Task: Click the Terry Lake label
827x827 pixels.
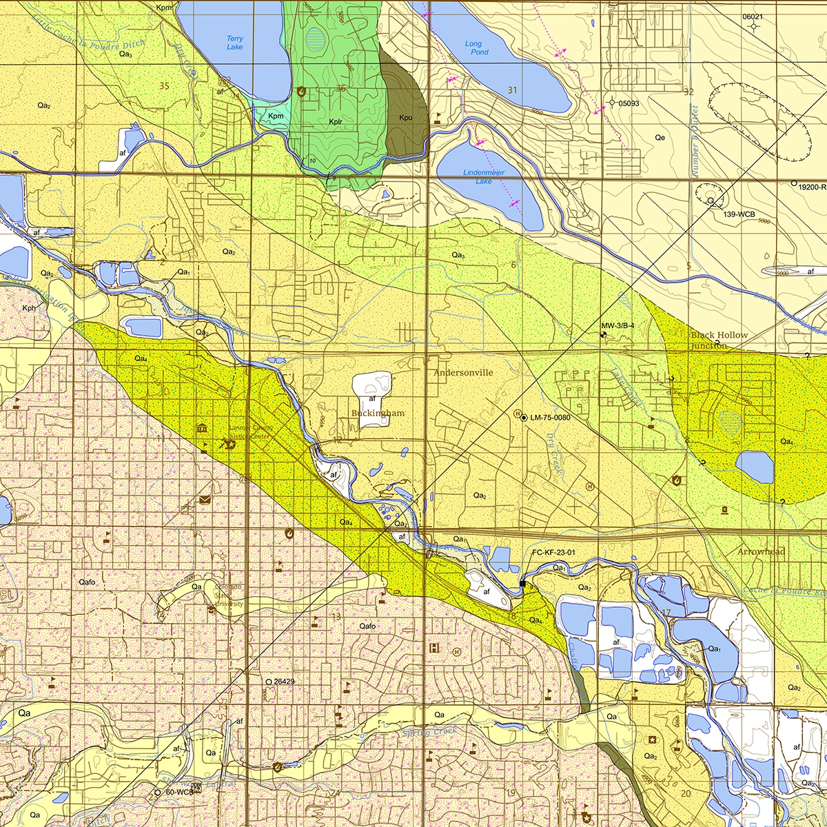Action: coord(235,43)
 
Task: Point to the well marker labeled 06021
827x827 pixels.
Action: coord(753,26)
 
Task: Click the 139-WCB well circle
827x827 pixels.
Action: coord(710,201)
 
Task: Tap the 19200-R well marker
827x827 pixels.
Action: coord(794,184)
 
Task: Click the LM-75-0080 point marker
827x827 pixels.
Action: coord(524,418)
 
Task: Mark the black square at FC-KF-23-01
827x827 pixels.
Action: coord(522,584)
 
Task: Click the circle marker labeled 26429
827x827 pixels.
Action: coord(268,681)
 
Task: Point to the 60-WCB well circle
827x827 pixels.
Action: coord(158,793)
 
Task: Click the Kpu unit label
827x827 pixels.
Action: coord(405,117)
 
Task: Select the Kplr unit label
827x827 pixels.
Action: coord(336,121)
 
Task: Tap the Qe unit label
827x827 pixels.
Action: coord(660,137)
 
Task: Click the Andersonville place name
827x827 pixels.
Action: coord(463,372)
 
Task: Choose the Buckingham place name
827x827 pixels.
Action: coord(378,413)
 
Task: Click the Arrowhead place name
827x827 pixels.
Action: coord(761,552)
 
